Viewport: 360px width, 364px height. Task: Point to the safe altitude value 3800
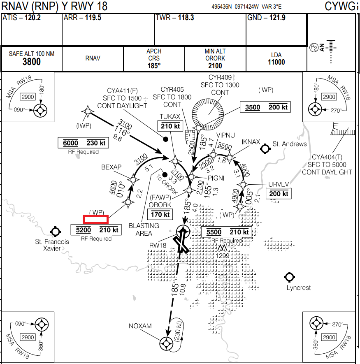point(32,62)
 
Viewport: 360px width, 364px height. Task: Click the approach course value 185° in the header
point(154,65)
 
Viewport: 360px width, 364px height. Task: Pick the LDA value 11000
point(276,62)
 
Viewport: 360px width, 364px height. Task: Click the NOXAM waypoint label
point(140,326)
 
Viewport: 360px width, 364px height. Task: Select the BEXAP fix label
point(111,167)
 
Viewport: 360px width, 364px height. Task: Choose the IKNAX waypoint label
point(251,142)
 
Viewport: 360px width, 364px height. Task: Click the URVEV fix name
point(279,184)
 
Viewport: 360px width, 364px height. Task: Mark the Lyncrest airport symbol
point(290,277)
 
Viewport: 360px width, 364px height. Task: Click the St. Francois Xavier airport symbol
point(55,231)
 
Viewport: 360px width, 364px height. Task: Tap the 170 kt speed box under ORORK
point(160,214)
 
